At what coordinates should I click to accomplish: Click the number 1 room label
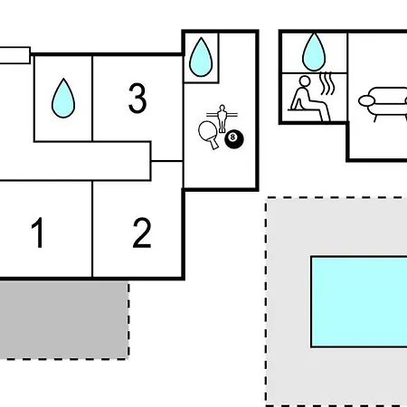click(x=37, y=232)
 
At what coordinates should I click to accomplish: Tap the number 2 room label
click(x=142, y=232)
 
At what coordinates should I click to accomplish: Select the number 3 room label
click(x=137, y=99)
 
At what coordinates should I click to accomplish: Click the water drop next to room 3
click(x=63, y=99)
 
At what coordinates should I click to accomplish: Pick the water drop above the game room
click(x=201, y=57)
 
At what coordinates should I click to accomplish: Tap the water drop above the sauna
click(x=314, y=52)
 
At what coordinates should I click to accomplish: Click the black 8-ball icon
click(x=234, y=139)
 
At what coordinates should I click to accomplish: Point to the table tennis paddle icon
click(x=209, y=134)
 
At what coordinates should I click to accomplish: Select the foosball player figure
click(x=222, y=118)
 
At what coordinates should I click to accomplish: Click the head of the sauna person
click(x=305, y=80)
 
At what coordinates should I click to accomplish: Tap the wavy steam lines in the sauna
click(x=327, y=83)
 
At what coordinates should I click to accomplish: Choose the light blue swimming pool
click(x=359, y=302)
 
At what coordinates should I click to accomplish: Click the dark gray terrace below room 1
click(x=64, y=319)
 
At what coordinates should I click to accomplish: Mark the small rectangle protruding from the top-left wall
click(x=14, y=55)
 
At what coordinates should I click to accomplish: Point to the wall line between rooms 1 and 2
click(x=92, y=229)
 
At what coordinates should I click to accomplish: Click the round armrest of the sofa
click(x=366, y=101)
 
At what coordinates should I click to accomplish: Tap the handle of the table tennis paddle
click(x=213, y=143)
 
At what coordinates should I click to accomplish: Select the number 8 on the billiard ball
click(x=232, y=137)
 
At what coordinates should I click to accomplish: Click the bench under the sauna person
click(x=304, y=110)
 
